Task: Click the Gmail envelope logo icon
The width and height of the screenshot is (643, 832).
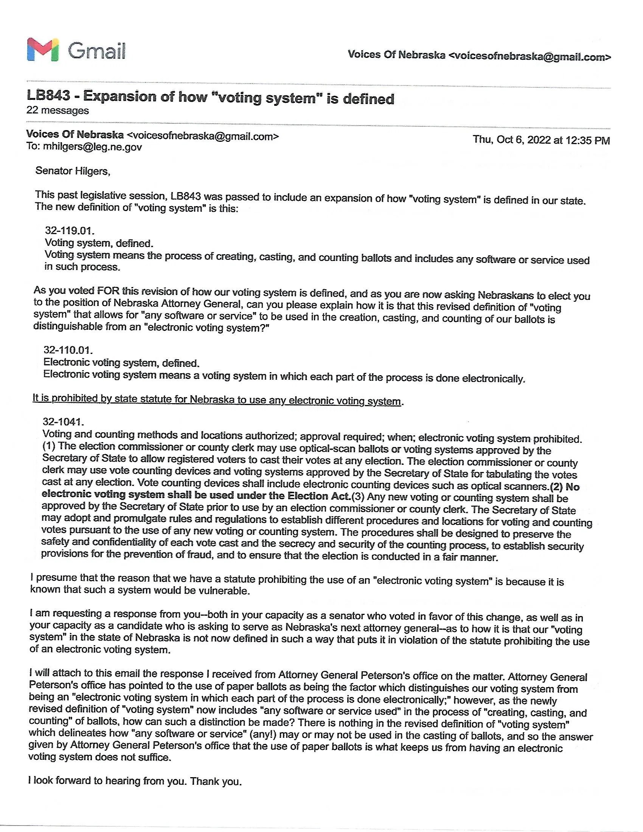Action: [43, 50]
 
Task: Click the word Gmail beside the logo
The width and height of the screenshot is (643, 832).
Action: [97, 50]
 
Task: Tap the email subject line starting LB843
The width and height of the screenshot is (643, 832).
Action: [210, 98]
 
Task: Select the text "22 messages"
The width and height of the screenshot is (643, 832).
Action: [57, 110]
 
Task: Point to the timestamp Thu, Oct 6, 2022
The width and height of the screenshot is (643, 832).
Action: [541, 140]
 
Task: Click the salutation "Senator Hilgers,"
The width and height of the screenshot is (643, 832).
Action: [73, 171]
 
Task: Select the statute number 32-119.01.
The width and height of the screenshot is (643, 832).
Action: [70, 231]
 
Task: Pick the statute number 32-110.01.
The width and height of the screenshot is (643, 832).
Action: [68, 350]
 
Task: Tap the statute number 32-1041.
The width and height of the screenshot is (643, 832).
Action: [63, 422]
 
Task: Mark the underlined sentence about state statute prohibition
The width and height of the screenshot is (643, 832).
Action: [217, 399]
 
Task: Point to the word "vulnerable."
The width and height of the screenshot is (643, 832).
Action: [224, 591]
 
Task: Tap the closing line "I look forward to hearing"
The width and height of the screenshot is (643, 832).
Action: [107, 781]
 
